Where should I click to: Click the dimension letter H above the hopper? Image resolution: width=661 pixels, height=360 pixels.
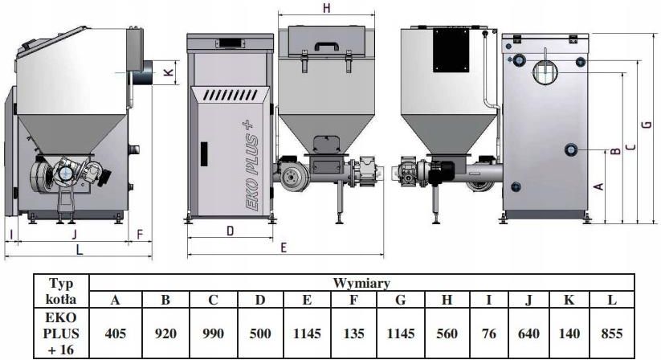pyautogui.click(x=326, y=7)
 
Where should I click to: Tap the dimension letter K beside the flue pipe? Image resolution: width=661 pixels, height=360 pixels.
pyautogui.click(x=168, y=72)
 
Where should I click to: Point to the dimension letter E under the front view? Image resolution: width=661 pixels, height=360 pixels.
pyautogui.click(x=284, y=247)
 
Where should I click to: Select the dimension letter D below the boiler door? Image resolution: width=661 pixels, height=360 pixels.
pyautogui.click(x=231, y=231)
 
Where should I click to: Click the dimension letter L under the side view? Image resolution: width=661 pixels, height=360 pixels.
pyautogui.click(x=79, y=250)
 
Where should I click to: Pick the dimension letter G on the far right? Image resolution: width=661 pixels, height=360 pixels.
pyautogui.click(x=647, y=125)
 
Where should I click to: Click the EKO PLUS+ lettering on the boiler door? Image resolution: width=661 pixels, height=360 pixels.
pyautogui.click(x=252, y=166)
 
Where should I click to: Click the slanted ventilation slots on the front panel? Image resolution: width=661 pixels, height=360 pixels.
pyautogui.click(x=231, y=95)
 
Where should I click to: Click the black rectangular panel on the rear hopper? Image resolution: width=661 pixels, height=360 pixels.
pyautogui.click(x=451, y=50)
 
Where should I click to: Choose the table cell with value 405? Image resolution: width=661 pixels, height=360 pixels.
pyautogui.click(x=116, y=333)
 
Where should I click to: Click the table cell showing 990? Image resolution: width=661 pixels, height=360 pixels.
pyautogui.click(x=214, y=333)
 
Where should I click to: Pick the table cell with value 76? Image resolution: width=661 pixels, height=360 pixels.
pyautogui.click(x=488, y=333)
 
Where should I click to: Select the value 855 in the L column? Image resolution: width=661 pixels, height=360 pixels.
pyautogui.click(x=612, y=333)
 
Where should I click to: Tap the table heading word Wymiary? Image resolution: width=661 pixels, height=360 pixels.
pyautogui.click(x=361, y=283)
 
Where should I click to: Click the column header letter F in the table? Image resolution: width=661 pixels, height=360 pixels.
pyautogui.click(x=353, y=300)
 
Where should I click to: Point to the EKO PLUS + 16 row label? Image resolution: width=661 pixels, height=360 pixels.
pyautogui.click(x=61, y=333)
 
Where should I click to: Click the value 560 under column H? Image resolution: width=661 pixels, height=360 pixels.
pyautogui.click(x=447, y=333)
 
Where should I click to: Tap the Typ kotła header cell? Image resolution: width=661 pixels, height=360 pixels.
pyautogui.click(x=61, y=291)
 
